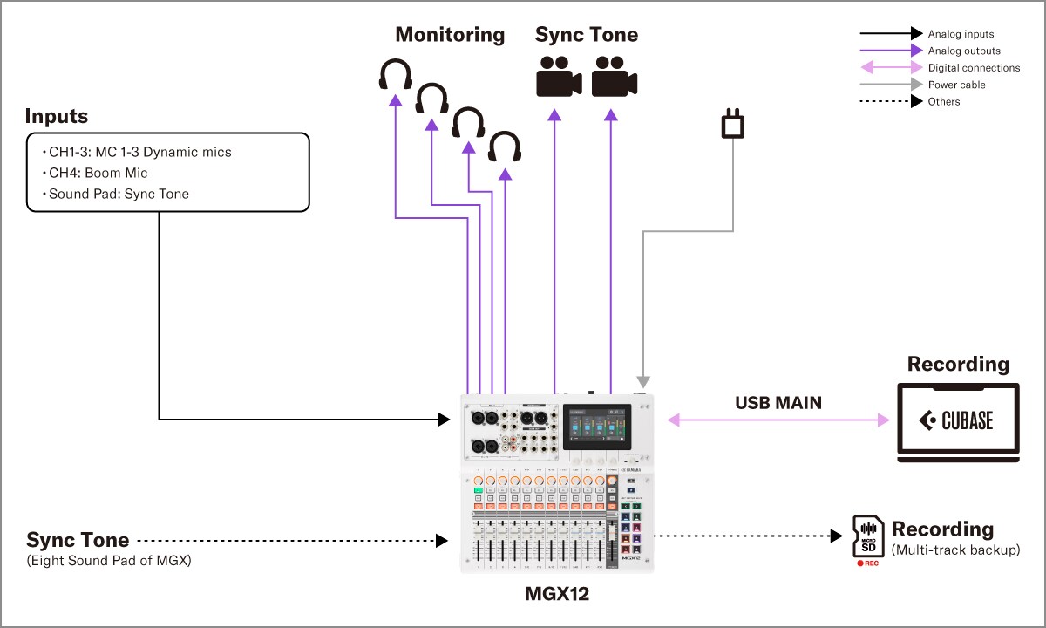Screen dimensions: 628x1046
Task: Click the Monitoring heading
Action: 450,35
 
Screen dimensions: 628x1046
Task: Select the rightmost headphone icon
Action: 505,147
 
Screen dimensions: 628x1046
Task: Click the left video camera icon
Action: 558,77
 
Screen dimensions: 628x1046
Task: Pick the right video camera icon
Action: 614,77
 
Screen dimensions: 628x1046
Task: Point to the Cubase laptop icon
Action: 958,421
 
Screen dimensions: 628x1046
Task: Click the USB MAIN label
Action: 778,403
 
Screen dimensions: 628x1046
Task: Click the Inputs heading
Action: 57,116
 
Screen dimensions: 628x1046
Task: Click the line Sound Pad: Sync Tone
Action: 118,194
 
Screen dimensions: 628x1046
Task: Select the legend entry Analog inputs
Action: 961,34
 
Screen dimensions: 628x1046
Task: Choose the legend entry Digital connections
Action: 974,68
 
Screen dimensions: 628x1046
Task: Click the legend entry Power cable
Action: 956,85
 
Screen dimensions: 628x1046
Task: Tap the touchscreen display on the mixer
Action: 598,427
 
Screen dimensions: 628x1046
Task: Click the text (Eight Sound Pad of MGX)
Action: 109,561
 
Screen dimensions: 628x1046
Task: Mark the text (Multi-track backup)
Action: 955,550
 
